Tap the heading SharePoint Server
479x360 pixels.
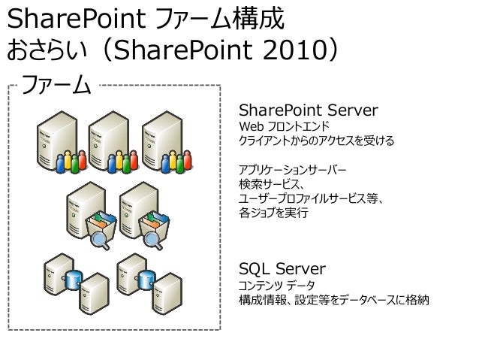click(x=308, y=110)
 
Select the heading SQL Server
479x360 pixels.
click(x=282, y=268)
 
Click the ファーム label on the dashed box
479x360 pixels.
click(x=57, y=84)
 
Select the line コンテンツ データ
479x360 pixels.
click(x=276, y=286)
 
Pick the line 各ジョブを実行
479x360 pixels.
click(x=273, y=213)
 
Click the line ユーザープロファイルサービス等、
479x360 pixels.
click(x=311, y=198)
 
